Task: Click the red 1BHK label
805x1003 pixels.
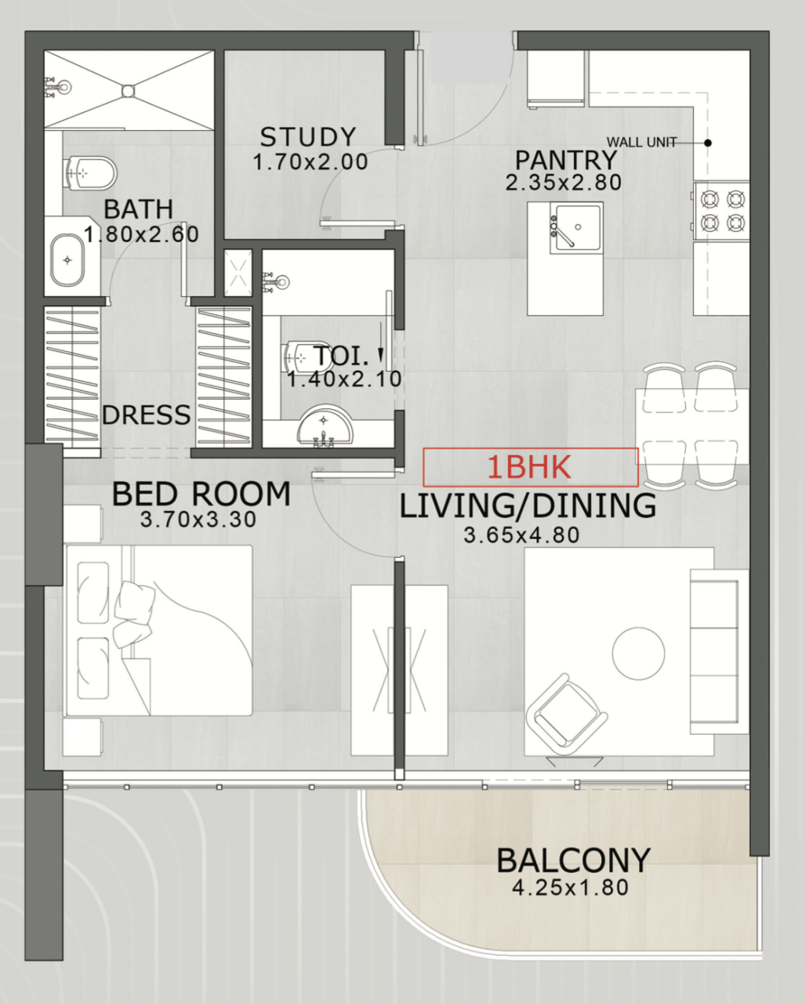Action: click(530, 467)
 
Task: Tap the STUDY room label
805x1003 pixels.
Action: click(308, 137)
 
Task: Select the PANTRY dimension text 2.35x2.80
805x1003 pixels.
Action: click(564, 183)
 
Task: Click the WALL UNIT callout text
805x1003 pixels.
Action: click(641, 143)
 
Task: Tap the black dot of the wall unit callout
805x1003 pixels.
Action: click(707, 143)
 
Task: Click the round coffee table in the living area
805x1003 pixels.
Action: click(638, 653)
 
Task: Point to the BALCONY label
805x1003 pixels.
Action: click(573, 860)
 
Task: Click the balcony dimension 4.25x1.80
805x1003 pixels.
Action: click(570, 888)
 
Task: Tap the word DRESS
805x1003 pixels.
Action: click(146, 415)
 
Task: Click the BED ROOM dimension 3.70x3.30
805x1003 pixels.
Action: click(198, 520)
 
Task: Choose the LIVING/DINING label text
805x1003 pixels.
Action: click(528, 506)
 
